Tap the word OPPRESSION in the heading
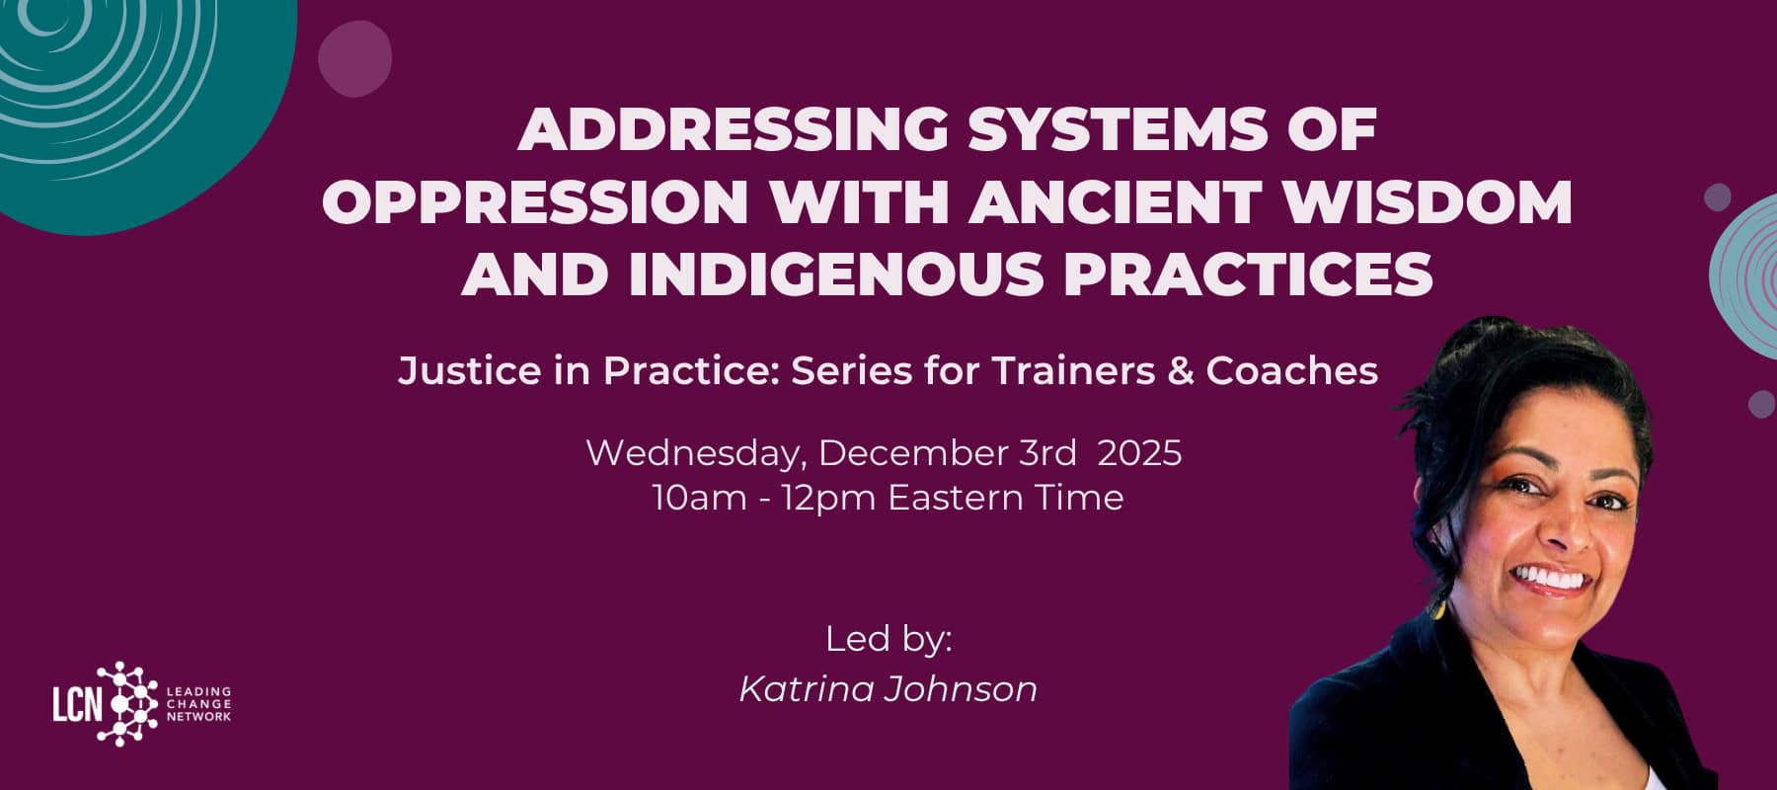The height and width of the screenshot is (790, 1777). click(534, 202)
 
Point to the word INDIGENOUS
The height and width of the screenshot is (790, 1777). click(835, 274)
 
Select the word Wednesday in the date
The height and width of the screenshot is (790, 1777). click(695, 452)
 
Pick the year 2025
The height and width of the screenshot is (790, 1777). click(1139, 452)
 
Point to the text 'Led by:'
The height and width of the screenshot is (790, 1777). click(888, 639)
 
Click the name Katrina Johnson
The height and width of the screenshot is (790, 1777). click(888, 688)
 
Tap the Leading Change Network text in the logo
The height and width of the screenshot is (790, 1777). click(198, 704)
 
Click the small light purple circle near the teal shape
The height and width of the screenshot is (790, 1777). click(354, 58)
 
